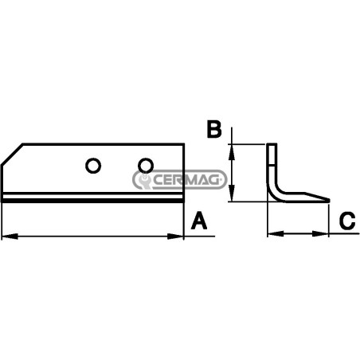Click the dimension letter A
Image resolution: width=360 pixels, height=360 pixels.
pos(199,221)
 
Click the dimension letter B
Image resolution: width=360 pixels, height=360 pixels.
pos(214,130)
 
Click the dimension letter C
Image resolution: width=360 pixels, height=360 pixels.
pos(347,221)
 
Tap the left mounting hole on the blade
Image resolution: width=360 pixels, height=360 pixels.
pos(93,166)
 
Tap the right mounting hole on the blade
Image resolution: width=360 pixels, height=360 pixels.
pos(146,166)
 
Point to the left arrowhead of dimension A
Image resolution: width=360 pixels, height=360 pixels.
pos(10,236)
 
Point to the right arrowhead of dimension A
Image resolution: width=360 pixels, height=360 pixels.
pos(175,236)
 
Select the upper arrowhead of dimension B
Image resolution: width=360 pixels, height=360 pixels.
pos(232,152)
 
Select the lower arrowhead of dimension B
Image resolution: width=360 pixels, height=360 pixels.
pos(232,194)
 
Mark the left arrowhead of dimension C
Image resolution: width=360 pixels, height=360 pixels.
pos(276,234)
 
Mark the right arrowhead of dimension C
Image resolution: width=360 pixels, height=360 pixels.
pos(320,234)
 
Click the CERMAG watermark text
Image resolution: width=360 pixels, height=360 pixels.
pos(186,180)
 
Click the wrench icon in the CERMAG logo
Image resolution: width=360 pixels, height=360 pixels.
pos(144,180)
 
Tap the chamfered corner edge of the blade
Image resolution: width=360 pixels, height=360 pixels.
pos(12,155)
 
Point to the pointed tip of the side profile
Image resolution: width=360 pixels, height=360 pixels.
pos(329,200)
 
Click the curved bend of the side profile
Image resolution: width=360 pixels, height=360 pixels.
pos(275,192)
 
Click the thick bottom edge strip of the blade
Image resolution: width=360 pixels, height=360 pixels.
pos(92,201)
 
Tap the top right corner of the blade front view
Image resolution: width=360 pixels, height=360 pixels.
pos(184,144)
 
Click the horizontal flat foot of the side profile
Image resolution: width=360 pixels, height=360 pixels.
pos(305,198)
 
